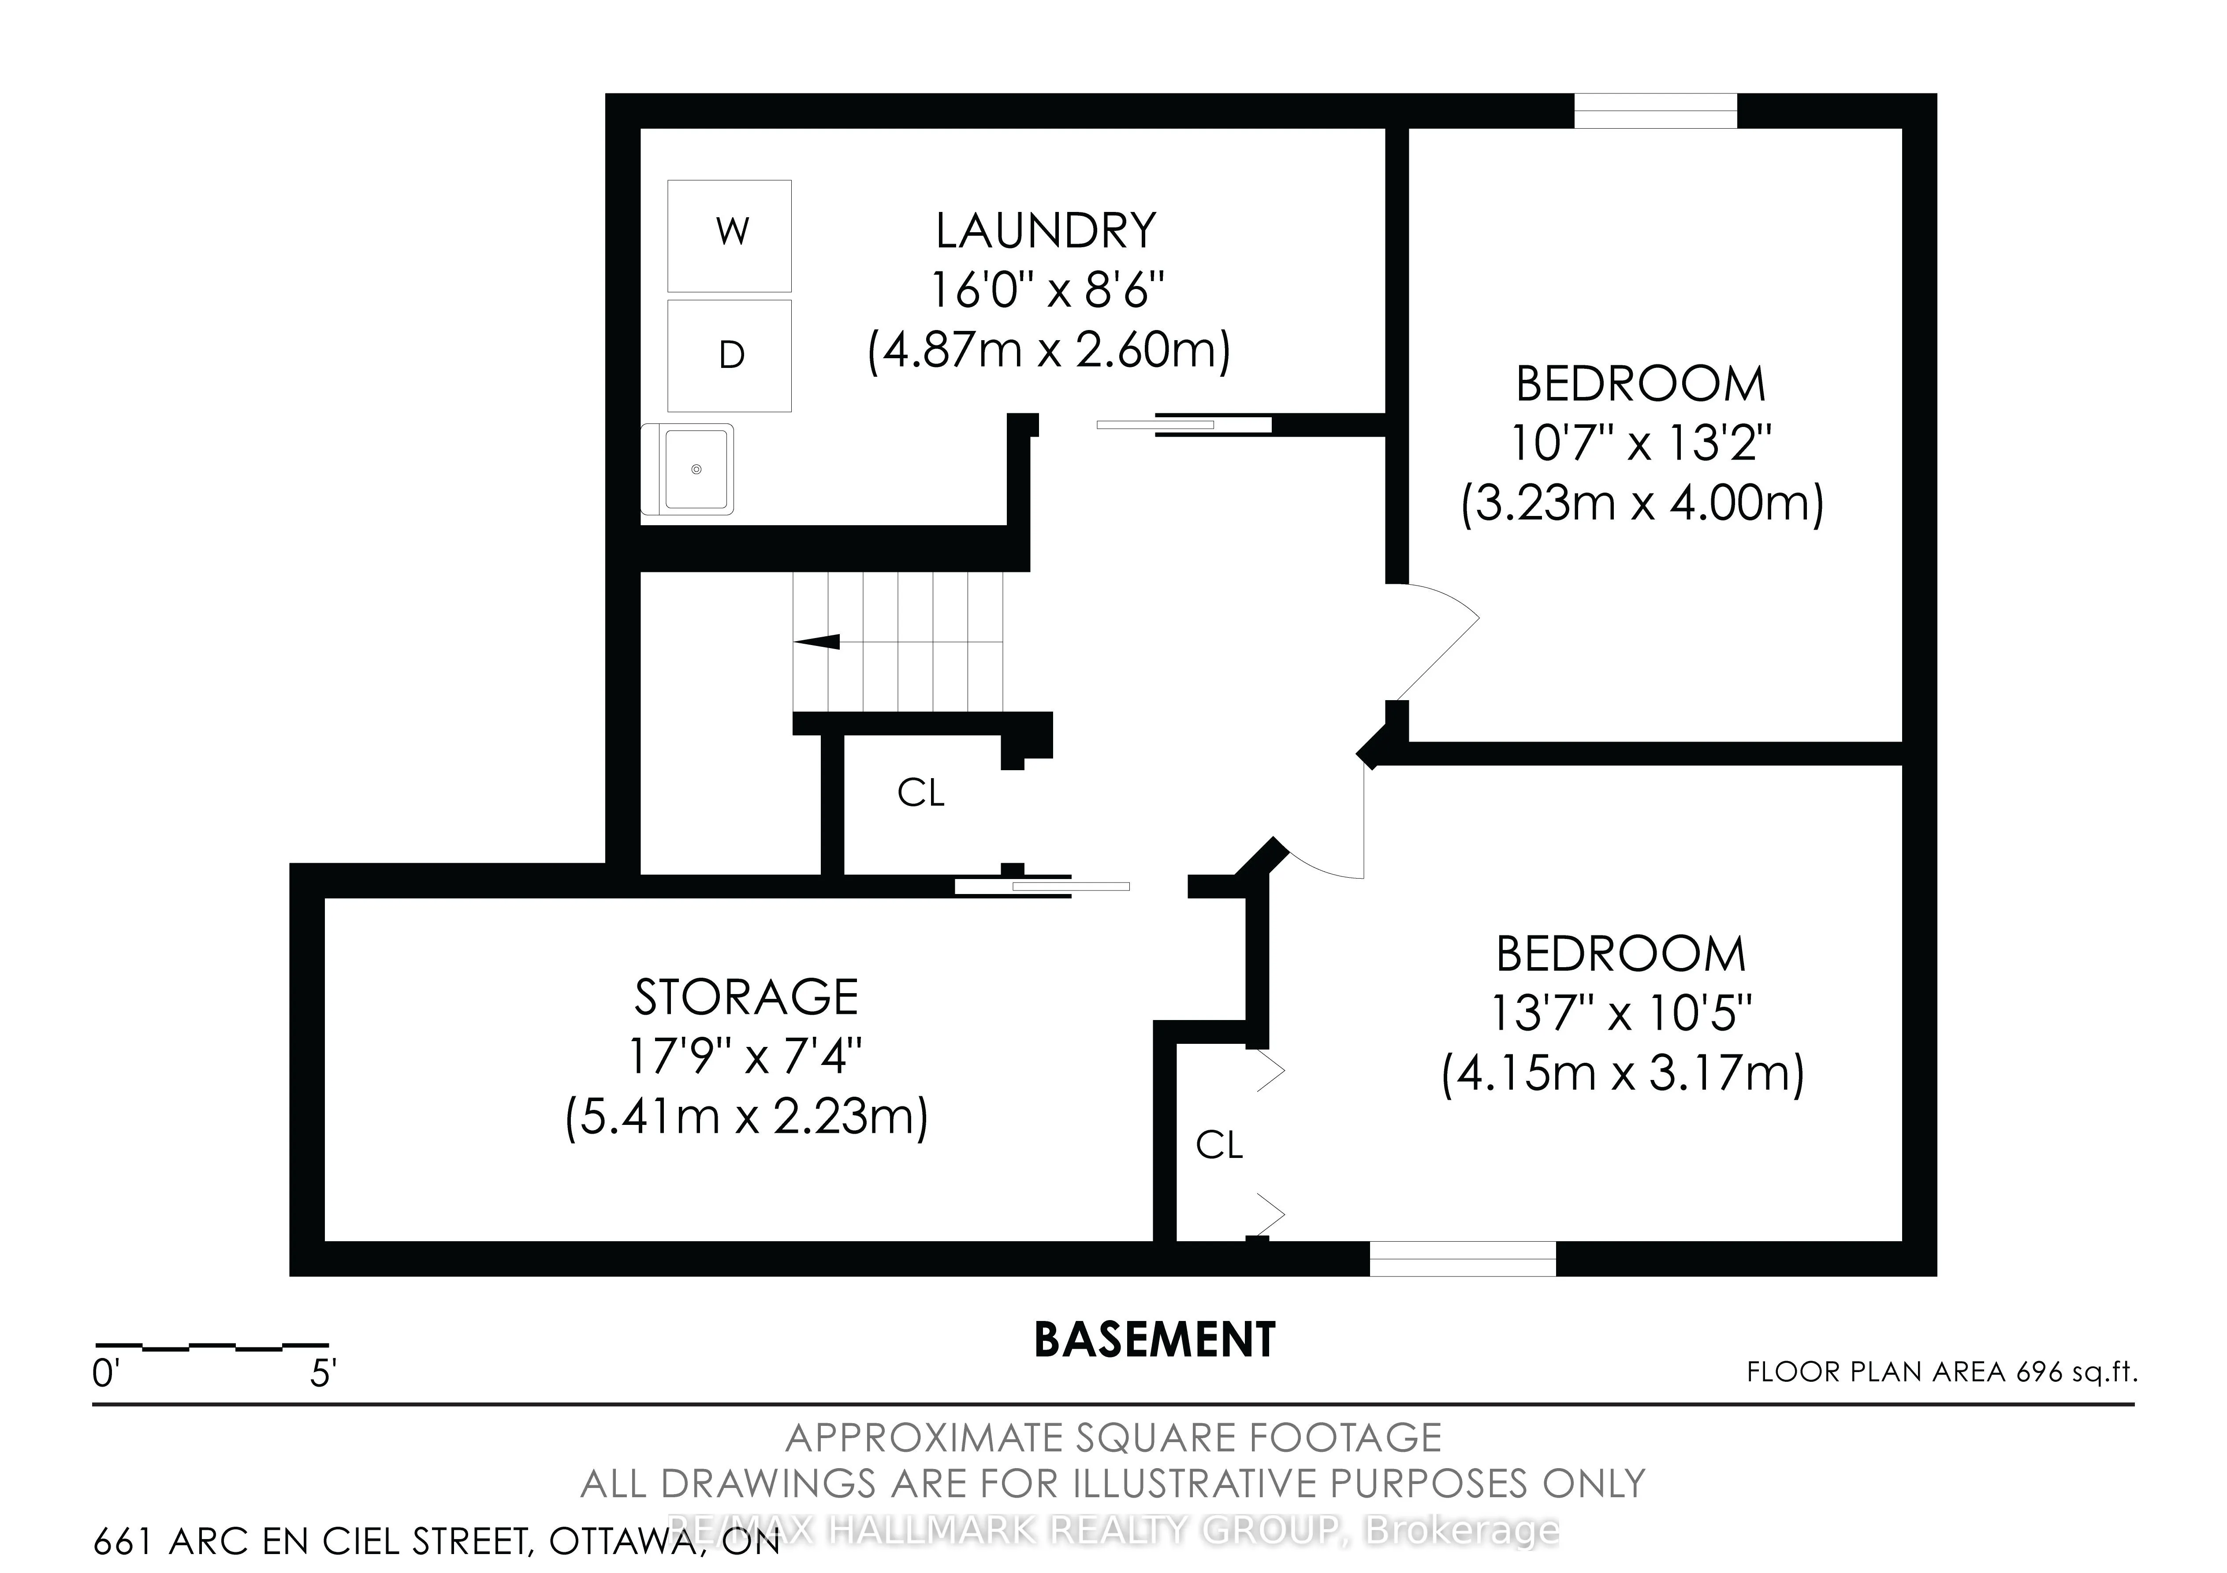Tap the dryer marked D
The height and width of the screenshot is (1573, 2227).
730,356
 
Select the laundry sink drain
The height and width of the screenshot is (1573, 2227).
696,469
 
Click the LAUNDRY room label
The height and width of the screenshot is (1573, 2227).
1046,231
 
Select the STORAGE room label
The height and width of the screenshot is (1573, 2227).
746,997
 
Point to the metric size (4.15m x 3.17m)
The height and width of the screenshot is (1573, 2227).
1622,1075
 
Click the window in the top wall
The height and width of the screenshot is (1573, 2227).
1655,111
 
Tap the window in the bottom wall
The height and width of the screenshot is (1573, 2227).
1462,1259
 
